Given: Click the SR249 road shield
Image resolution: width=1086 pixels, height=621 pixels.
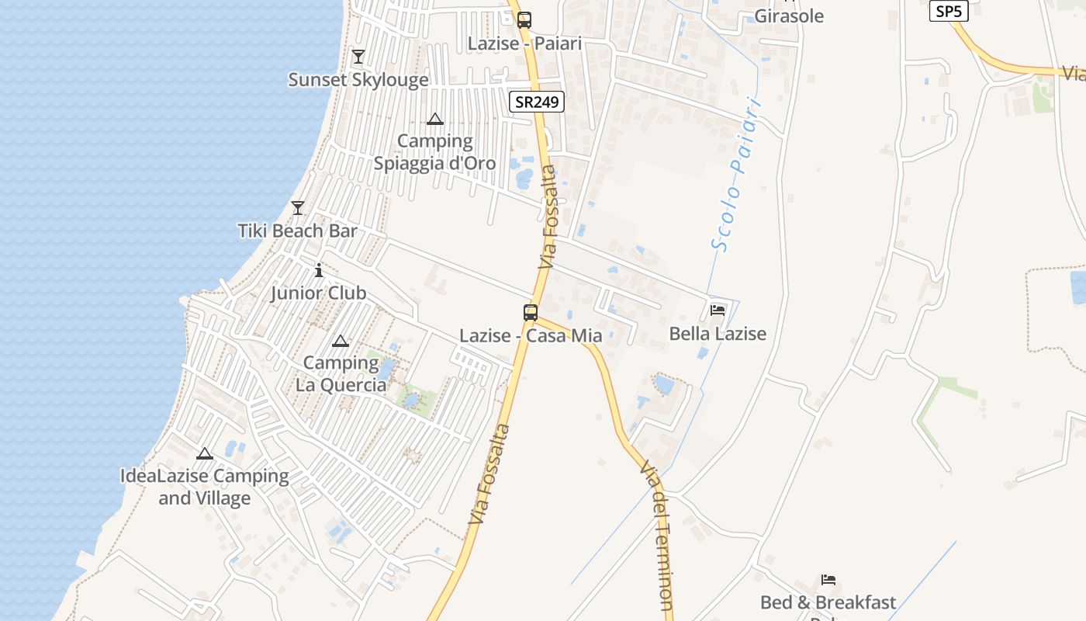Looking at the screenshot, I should tap(537, 102).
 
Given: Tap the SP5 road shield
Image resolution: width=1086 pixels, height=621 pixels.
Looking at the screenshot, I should tap(949, 11).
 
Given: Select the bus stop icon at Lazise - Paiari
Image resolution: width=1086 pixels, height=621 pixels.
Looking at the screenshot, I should tap(524, 19).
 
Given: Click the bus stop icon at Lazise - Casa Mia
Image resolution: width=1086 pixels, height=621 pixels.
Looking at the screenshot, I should tap(531, 313).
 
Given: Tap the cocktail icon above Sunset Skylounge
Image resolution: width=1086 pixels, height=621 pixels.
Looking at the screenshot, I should tap(358, 57).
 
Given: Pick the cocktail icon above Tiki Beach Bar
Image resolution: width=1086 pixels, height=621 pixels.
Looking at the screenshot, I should tap(297, 207).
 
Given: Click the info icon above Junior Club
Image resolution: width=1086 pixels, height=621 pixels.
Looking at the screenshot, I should tap(318, 270).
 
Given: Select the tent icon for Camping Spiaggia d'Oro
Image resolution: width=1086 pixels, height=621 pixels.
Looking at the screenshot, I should tap(435, 119).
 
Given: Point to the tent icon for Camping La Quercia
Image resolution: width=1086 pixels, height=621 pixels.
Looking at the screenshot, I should tap(340, 341).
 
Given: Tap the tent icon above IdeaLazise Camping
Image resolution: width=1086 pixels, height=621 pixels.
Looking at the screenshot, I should tap(205, 453).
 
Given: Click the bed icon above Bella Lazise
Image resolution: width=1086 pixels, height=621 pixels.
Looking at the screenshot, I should tap(718, 310).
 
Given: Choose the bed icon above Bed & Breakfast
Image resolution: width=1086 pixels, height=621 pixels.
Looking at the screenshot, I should tap(828, 580).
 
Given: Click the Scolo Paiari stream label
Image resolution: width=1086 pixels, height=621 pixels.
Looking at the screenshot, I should tap(735, 174).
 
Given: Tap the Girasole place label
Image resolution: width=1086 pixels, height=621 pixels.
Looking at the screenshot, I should tap(789, 16).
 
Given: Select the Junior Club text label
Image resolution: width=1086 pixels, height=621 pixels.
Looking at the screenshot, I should tap(318, 293).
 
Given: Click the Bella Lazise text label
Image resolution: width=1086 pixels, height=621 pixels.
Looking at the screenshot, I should tap(718, 334).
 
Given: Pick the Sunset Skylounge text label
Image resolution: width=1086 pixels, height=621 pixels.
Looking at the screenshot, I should tap(358, 80).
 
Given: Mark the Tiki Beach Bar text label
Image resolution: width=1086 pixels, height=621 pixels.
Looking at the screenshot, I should tap(298, 231).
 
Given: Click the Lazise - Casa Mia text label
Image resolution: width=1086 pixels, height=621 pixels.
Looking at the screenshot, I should tap(531, 336).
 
